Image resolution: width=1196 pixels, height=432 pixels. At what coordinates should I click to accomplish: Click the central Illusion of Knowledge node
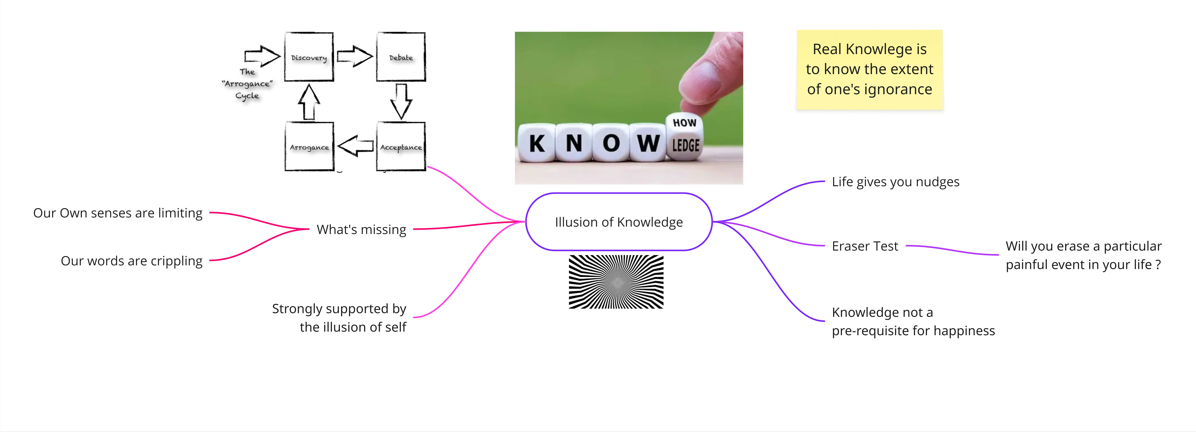pyautogui.click(x=619, y=222)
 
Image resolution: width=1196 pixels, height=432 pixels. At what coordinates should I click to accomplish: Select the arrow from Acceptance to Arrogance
pyautogui.click(x=355, y=146)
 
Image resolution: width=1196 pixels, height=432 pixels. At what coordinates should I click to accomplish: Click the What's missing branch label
pyautogui.click(x=361, y=229)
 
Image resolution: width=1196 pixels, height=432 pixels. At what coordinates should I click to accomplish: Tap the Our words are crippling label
pyautogui.click(x=131, y=261)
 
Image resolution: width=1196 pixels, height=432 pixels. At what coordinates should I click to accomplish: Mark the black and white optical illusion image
pyautogui.click(x=616, y=282)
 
